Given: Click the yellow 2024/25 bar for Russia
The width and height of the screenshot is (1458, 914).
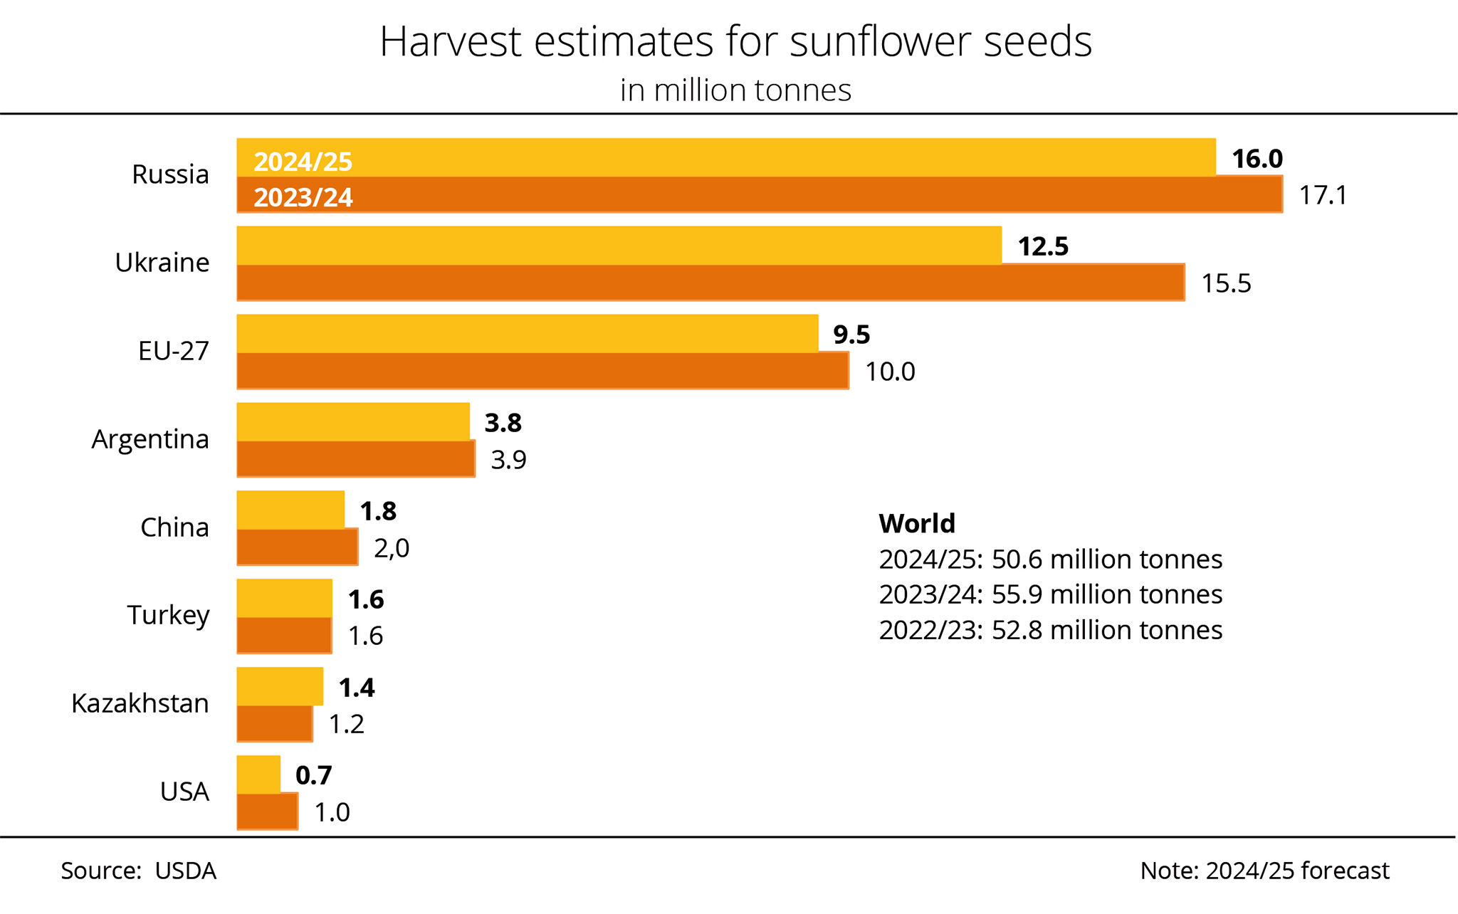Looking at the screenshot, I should [726, 157].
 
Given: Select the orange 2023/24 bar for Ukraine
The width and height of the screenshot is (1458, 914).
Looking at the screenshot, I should [710, 283].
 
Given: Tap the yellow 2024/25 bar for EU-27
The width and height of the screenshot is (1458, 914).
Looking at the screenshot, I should [527, 333].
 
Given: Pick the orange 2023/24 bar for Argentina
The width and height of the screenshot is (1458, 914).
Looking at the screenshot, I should [355, 459].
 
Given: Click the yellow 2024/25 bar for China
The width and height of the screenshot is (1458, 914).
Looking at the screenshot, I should [290, 510].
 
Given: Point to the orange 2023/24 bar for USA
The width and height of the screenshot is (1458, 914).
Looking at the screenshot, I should [267, 811].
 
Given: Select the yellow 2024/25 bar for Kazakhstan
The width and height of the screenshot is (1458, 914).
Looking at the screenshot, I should [280, 686].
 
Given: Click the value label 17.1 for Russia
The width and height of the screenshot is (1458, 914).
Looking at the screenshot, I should [1323, 195].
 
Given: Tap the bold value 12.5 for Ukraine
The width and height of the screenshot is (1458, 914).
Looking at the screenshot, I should [1043, 246].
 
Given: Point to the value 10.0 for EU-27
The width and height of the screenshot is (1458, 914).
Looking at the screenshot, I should [890, 372].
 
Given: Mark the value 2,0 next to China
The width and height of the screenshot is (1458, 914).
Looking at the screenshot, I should [392, 548].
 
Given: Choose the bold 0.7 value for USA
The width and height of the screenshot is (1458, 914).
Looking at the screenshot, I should [314, 775].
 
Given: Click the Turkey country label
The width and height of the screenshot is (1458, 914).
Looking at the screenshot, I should [169, 615].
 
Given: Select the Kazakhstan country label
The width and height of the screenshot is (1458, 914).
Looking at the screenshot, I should [140, 703].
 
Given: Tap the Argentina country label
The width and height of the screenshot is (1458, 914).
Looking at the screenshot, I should [150, 439].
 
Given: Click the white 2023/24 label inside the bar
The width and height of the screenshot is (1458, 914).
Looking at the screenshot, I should [303, 197].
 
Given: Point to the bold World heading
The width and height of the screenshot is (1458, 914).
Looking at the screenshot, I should [917, 523].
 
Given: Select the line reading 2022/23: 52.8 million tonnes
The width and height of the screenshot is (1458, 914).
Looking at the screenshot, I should [1051, 630].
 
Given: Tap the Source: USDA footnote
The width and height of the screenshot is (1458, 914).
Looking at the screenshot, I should [138, 871].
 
